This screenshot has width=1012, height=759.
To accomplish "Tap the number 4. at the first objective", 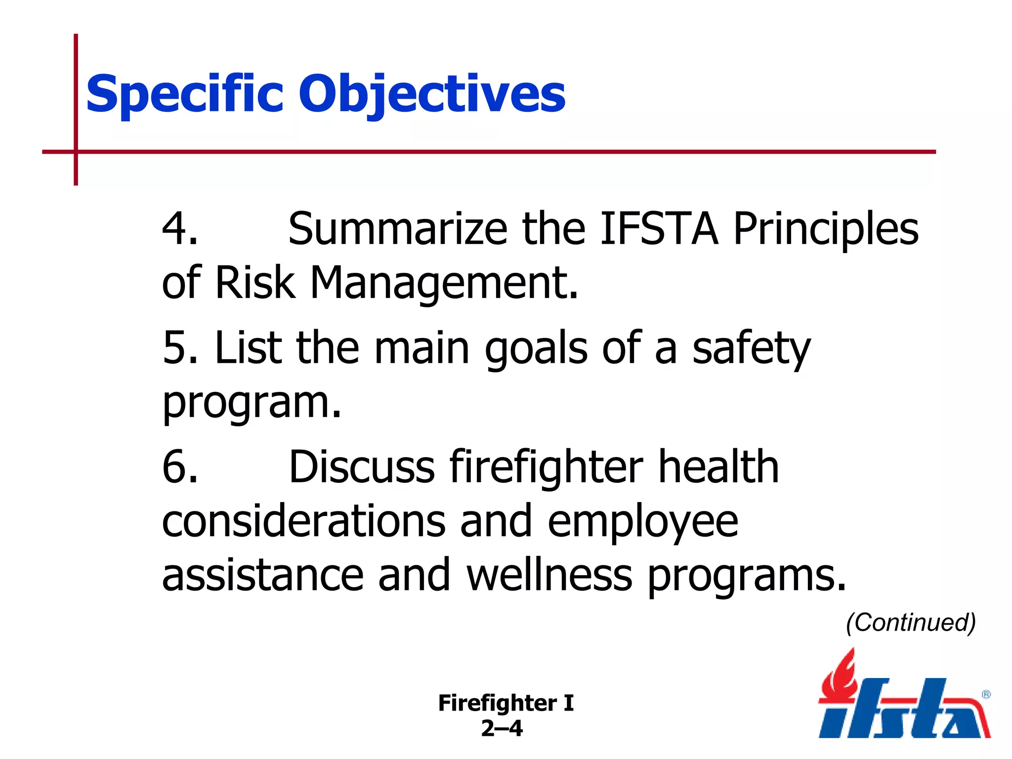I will [180, 229].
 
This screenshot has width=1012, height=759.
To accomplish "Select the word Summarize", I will [397, 229].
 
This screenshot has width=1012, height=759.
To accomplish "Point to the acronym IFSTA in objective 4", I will [659, 229].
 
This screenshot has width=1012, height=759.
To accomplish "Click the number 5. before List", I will [180, 348].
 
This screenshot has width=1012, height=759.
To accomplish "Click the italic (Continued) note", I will [911, 623].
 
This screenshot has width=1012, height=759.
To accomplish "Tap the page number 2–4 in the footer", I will [502, 728].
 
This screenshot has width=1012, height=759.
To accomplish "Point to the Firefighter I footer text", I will [506, 703].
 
